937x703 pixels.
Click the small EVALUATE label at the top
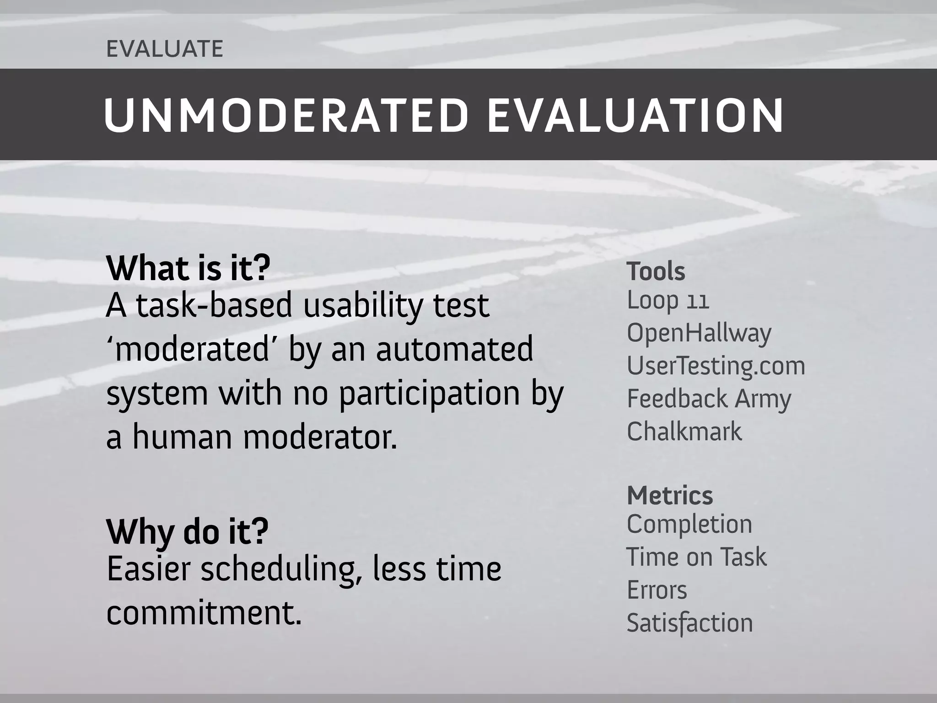165,49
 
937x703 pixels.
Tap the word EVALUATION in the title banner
635,115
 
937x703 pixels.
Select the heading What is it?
188,269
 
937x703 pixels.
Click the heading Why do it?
187,531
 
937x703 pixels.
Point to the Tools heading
656,271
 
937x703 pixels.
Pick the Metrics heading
670,496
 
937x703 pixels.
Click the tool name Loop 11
668,301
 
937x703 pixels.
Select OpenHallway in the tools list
699,333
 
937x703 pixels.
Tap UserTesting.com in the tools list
716,366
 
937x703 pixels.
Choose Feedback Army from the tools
709,399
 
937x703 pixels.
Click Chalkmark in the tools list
684,432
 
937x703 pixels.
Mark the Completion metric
689,525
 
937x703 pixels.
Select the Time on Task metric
696,557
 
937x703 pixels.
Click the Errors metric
657,590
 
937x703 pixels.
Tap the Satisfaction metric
689,623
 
